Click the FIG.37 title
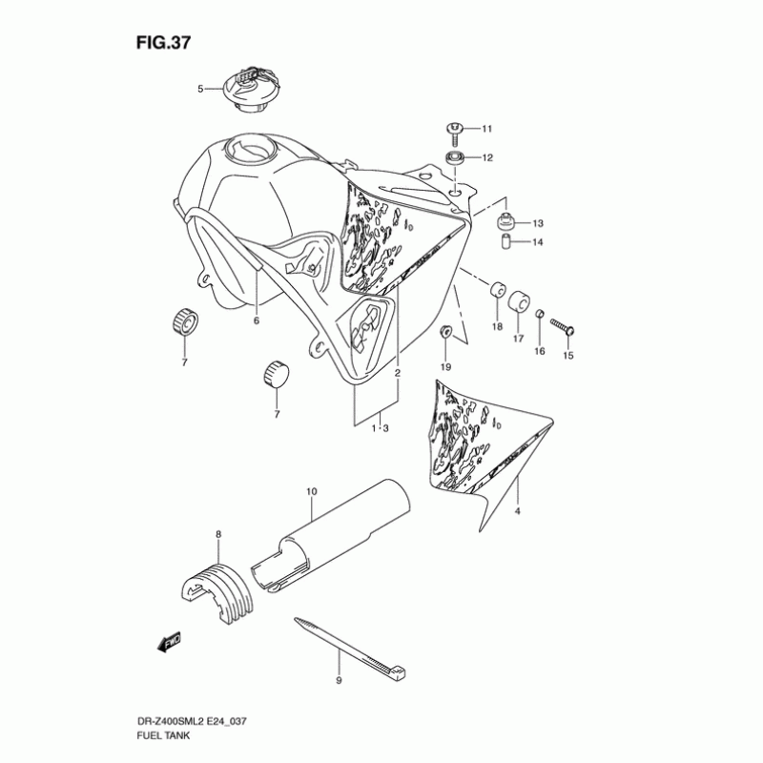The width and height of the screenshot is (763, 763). pyautogui.click(x=163, y=44)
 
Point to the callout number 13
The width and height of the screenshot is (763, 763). pyautogui.click(x=537, y=223)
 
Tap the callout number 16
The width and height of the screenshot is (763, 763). pyautogui.click(x=539, y=352)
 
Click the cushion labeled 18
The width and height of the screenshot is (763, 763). pyautogui.click(x=497, y=290)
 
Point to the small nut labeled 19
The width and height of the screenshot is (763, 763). pyautogui.click(x=444, y=333)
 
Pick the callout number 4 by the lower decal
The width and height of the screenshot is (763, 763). pyautogui.click(x=518, y=512)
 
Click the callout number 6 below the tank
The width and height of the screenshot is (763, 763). pyautogui.click(x=257, y=321)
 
